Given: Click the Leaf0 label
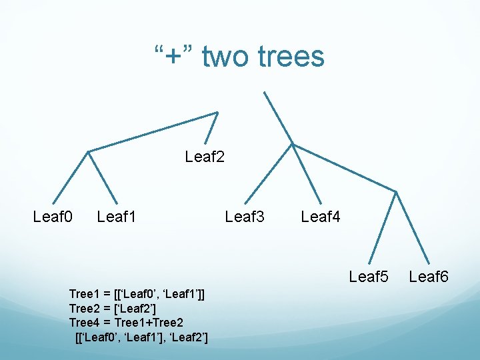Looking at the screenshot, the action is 53,217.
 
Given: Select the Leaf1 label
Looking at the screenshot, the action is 117,217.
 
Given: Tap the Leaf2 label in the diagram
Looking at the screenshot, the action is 205,157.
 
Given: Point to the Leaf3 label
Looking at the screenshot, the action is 245,217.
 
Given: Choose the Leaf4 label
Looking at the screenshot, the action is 321,217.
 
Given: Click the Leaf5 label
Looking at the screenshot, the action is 369,277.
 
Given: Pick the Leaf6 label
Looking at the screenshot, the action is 429,277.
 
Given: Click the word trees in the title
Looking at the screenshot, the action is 291,57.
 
